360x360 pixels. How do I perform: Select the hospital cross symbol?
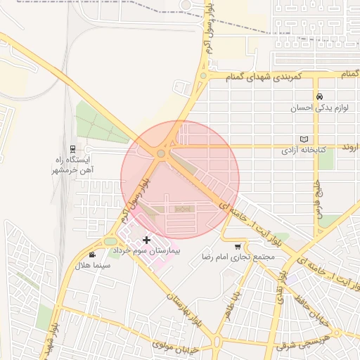point(146,240)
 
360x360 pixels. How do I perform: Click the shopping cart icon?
point(238,247)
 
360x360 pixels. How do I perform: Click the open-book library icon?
point(304,139)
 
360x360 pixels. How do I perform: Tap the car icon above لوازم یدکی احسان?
point(320,97)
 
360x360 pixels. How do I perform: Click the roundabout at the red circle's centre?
point(162,153)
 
